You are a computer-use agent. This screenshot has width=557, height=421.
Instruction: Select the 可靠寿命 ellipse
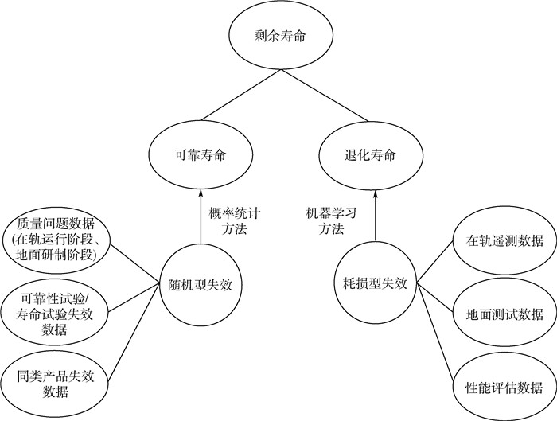coord(200,155)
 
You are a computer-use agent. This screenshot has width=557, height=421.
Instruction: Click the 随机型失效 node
coord(200,284)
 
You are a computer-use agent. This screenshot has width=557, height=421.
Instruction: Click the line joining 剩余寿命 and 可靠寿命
coord(234,99)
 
